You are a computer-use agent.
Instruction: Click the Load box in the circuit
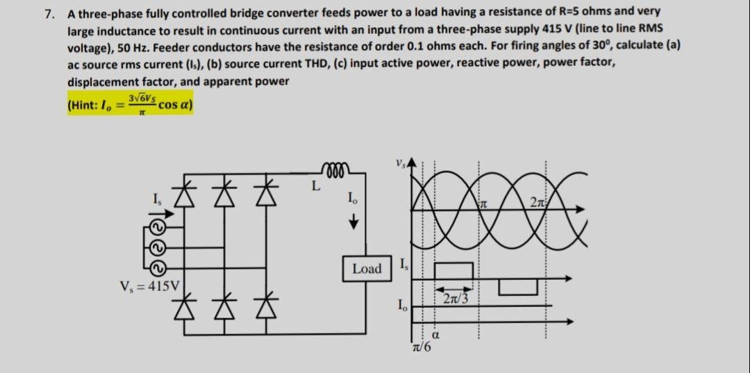click(x=367, y=268)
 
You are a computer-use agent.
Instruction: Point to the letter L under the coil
click(x=315, y=187)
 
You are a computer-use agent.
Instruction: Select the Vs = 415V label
click(x=150, y=285)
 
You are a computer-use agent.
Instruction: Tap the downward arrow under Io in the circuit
click(x=353, y=222)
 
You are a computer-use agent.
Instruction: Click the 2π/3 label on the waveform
click(x=454, y=299)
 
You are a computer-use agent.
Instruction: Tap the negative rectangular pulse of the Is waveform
click(x=518, y=286)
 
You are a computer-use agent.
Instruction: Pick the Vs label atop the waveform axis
click(x=400, y=166)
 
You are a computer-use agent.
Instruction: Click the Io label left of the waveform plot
click(x=401, y=304)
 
